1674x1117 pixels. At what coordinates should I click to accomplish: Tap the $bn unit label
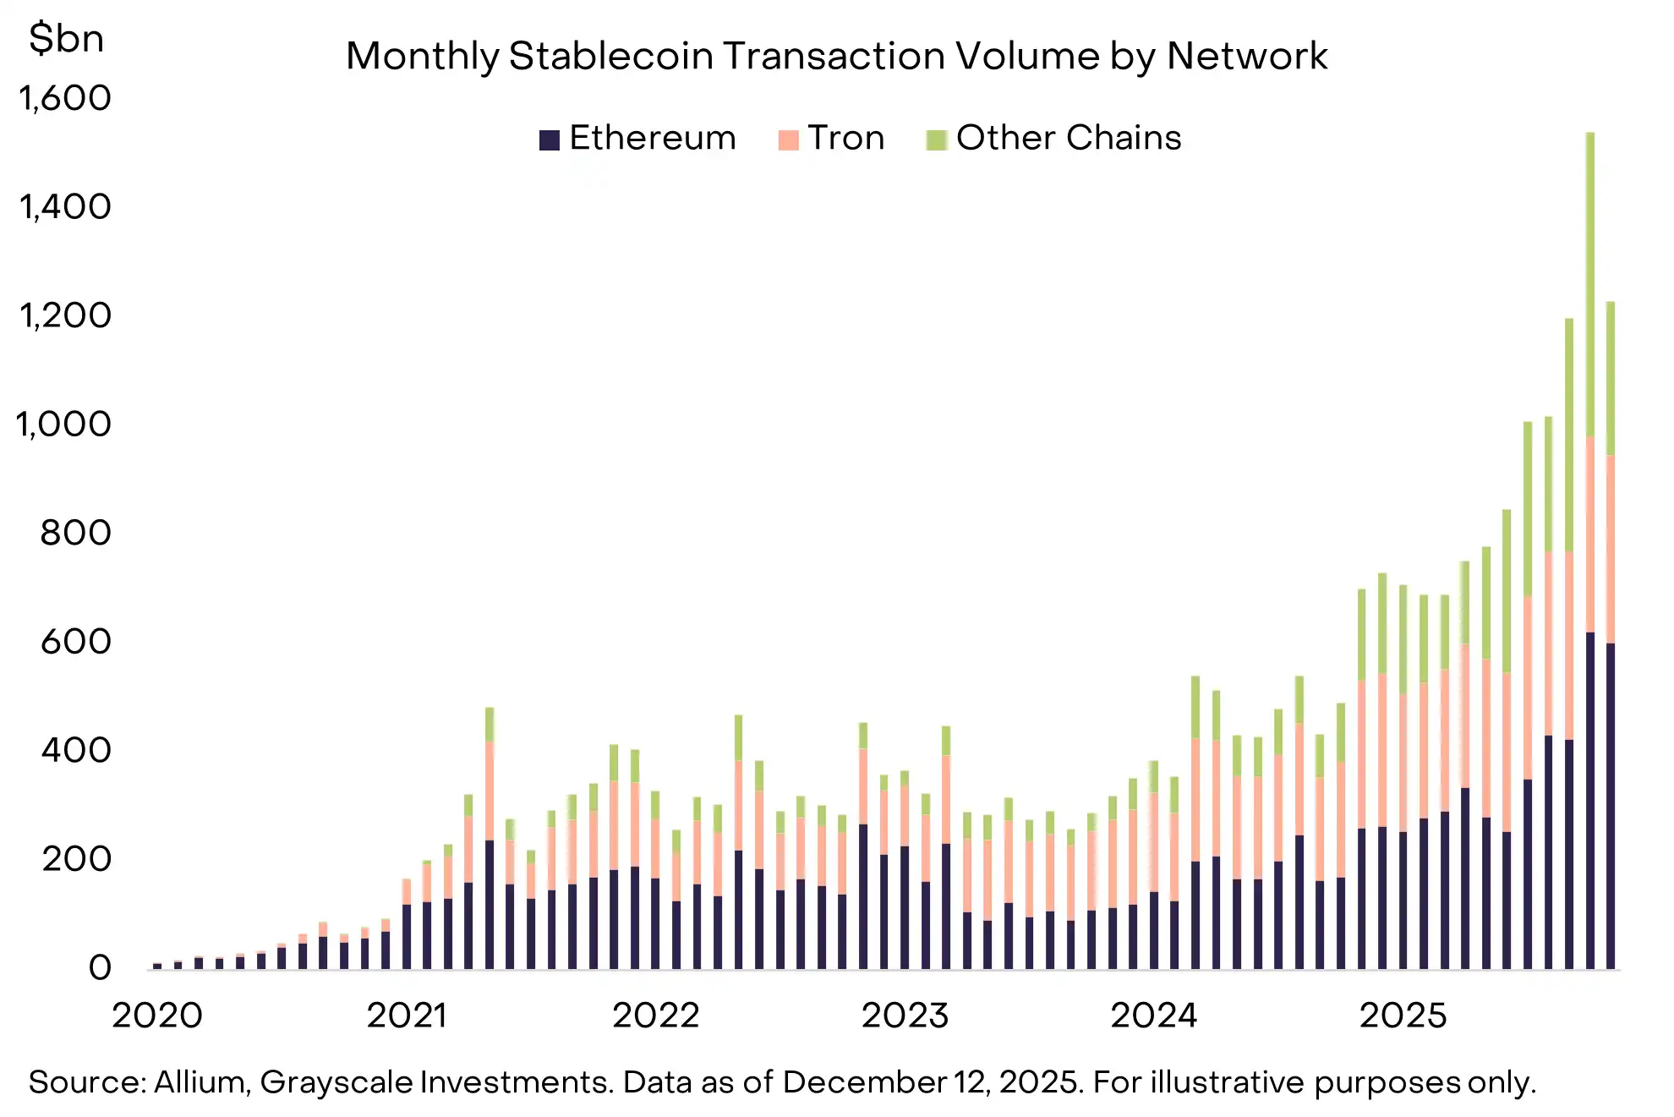(x=66, y=39)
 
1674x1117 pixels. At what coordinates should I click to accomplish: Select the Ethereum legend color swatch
(x=549, y=140)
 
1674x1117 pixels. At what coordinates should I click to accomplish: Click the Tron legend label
(x=845, y=138)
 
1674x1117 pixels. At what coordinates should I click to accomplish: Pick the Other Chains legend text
(x=1069, y=138)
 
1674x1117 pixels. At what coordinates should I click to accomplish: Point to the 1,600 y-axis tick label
(x=65, y=99)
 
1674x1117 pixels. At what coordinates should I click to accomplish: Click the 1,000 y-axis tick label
(x=64, y=424)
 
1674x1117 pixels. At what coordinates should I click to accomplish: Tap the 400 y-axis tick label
(x=76, y=750)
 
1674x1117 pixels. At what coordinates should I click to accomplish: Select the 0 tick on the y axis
(x=100, y=967)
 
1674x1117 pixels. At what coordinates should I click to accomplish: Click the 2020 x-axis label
(x=157, y=1016)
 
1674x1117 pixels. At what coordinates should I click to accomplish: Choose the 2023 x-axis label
(x=905, y=1016)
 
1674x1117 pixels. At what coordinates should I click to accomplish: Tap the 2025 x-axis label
(x=1403, y=1016)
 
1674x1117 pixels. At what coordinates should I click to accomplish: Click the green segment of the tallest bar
(x=1589, y=283)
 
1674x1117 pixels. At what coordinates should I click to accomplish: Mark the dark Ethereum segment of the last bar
(x=1611, y=803)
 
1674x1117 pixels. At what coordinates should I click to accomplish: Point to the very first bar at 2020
(x=157, y=965)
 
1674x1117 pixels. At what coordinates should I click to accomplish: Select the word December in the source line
(x=864, y=1082)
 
